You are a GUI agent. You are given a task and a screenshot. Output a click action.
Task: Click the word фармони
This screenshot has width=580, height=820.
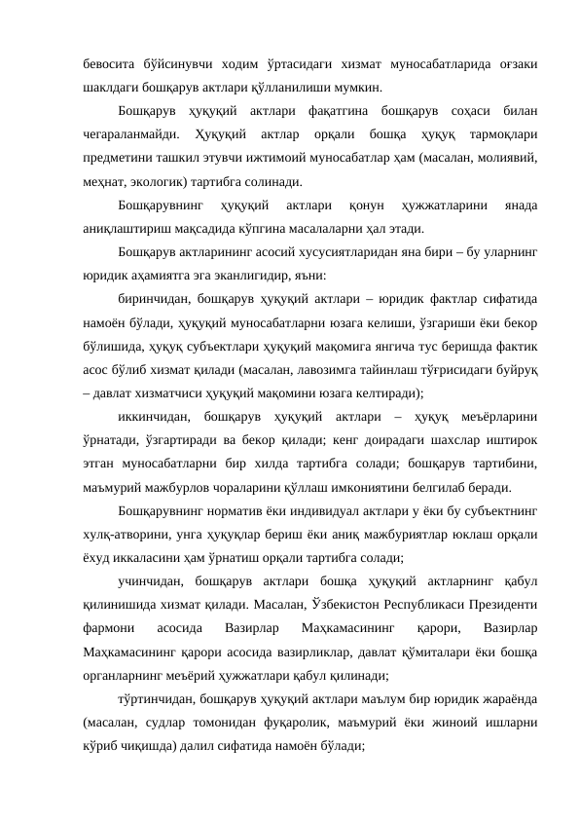(109, 628)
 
